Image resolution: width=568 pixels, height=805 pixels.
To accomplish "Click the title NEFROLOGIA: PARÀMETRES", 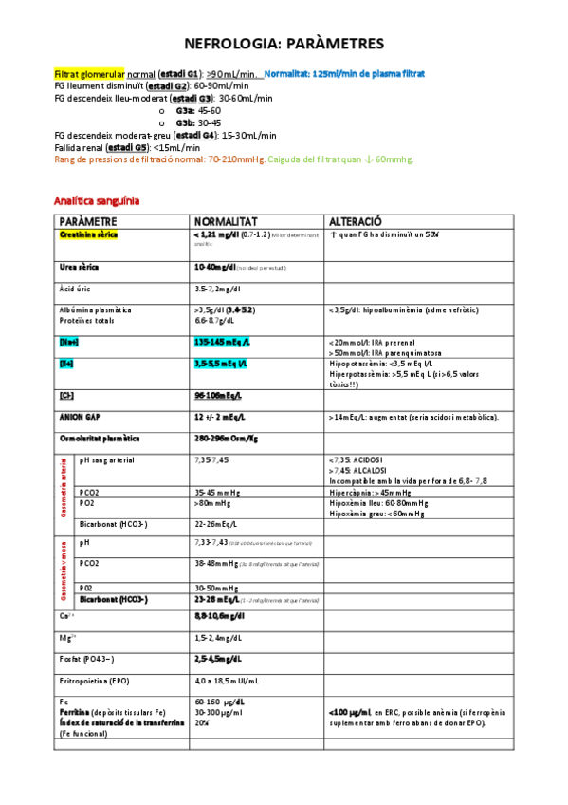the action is click(x=284, y=44).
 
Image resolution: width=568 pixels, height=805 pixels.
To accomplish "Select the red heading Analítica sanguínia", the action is click(x=97, y=201).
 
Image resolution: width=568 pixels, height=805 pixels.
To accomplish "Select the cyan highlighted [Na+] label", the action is click(x=70, y=340).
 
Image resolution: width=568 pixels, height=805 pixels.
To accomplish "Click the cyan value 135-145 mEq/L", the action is click(x=221, y=340).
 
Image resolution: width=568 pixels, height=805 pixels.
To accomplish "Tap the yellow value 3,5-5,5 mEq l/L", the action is click(x=220, y=363).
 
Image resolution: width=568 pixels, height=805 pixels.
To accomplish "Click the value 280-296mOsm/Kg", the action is click(x=226, y=439).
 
